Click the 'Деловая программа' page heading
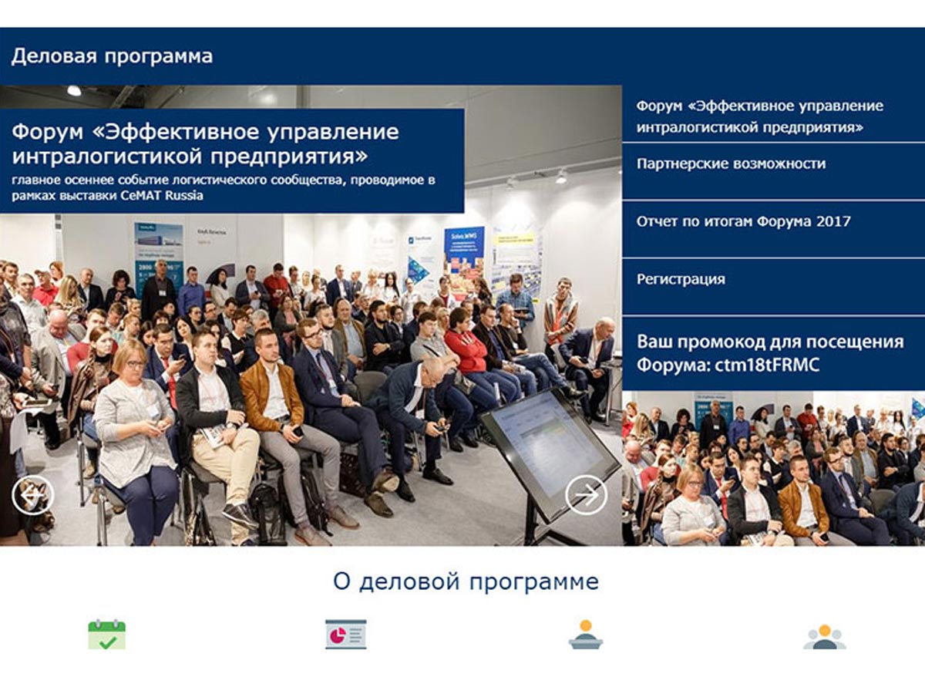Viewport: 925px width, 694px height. [112, 56]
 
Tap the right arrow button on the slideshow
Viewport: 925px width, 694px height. [586, 495]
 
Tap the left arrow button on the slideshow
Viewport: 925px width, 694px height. [33, 495]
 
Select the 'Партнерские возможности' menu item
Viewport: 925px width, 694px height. [732, 163]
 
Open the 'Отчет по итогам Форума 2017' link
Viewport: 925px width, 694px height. [743, 221]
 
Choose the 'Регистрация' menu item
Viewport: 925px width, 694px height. [681, 279]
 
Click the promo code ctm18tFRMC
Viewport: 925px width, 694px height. [767, 365]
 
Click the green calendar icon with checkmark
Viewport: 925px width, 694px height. [107, 634]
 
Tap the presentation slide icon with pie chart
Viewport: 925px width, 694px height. [346, 634]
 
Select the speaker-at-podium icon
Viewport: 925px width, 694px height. [586, 634]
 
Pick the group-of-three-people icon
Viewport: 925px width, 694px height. [825, 637]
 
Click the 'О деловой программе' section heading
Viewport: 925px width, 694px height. [466, 582]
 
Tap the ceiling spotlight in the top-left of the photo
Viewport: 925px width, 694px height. [74, 90]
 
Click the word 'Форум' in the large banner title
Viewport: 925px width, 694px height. [48, 133]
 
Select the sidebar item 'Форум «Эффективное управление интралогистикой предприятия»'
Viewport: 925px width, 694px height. [760, 116]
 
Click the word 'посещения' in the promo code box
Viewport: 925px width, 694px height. [858, 342]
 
